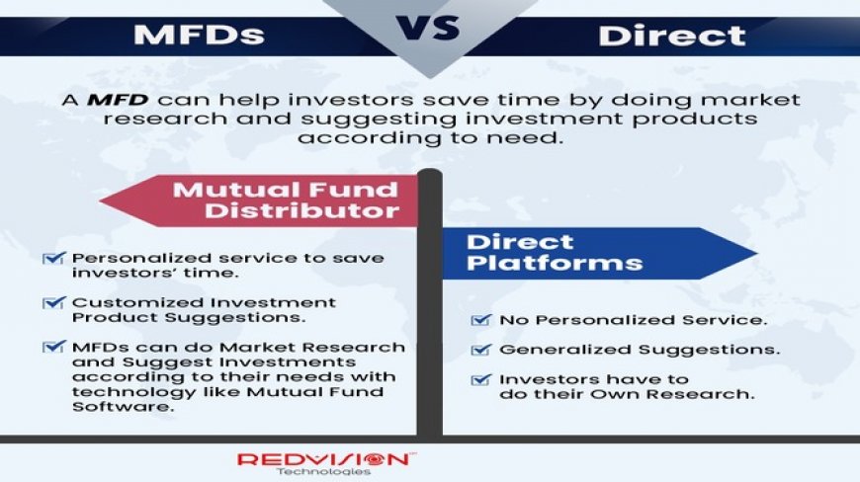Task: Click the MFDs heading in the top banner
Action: click(199, 36)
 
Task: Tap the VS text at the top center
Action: click(430, 29)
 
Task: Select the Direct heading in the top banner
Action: click(671, 37)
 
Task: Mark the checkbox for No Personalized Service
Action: click(480, 320)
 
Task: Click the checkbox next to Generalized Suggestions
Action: click(480, 350)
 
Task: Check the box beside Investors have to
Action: click(480, 379)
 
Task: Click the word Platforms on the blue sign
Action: click(555, 263)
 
